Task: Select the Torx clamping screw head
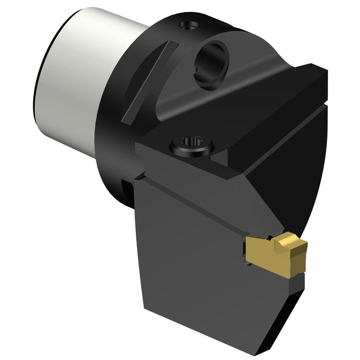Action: [x=192, y=146]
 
